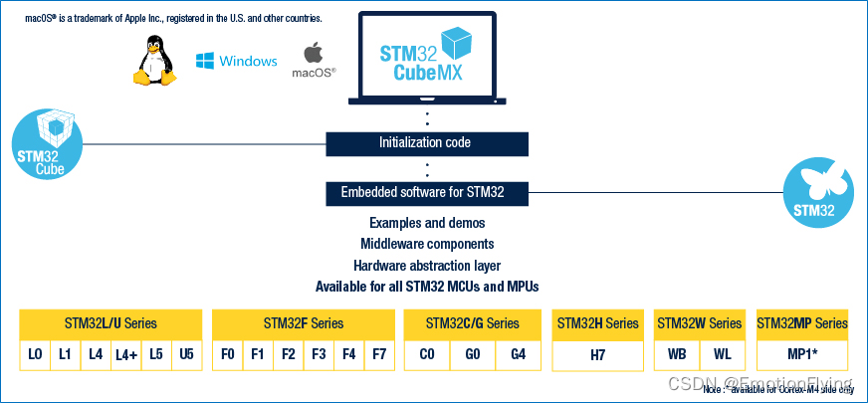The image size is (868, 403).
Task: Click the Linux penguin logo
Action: pos(155,60)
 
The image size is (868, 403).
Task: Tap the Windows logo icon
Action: pos(205,62)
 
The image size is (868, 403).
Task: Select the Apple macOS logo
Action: pos(314,52)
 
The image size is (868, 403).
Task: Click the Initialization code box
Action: pos(425,142)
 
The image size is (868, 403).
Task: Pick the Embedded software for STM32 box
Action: pos(425,192)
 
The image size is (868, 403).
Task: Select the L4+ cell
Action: pos(125,354)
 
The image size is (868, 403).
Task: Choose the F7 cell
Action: pos(378,354)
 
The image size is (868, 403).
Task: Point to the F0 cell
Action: pos(228,354)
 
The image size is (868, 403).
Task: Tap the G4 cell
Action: pos(519,354)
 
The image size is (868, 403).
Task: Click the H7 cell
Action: pos(597,354)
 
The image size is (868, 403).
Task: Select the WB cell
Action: pos(677,354)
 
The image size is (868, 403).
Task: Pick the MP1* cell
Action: pos(802,354)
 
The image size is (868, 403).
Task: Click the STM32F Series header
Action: pos(304,323)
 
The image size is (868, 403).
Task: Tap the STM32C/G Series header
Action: pos(473,323)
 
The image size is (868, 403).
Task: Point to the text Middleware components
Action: pos(426,244)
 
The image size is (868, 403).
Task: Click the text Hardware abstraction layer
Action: pos(426,266)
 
